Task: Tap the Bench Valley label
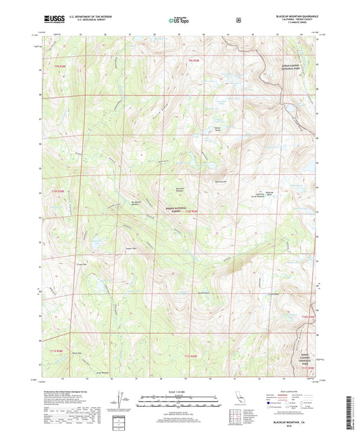coord(217,129)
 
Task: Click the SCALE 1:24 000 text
coord(178,392)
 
